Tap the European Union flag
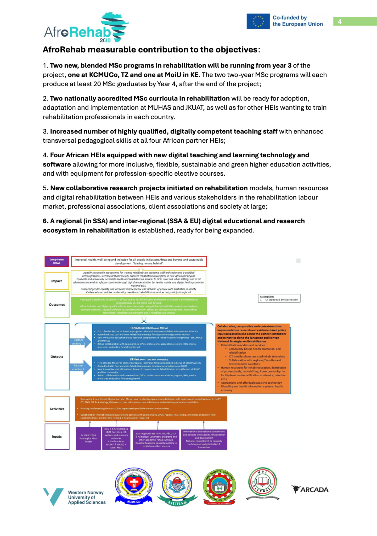pos(258,21)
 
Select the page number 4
pos(340,21)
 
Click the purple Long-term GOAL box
pos(57,261)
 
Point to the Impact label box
pos(57,281)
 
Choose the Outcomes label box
pos(57,305)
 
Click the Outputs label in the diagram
pos(57,357)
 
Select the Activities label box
pos(57,409)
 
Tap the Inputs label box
pos(57,437)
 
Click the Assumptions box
pos(279,298)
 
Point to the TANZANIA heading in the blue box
pos(149,328)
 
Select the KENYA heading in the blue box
pos(149,359)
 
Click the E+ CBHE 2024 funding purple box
pos(88,438)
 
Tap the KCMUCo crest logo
pos(134,486)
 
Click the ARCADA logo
pos(310,489)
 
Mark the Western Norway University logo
pos(74,497)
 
